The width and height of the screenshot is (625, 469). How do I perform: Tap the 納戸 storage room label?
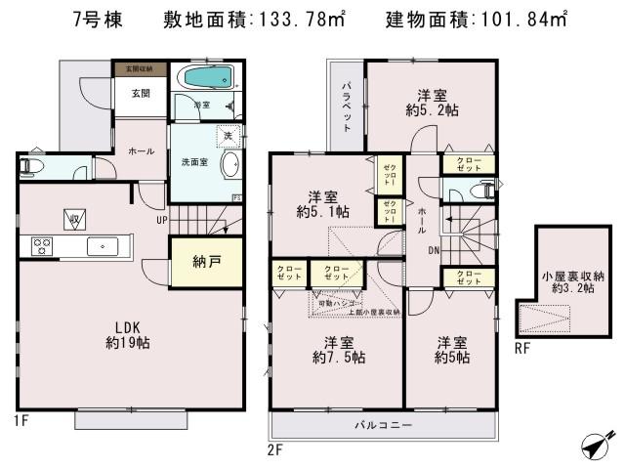pos(205,261)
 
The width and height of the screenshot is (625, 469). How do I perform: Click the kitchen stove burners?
pos(42,244)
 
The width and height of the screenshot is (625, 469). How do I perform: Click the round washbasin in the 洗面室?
pos(230,166)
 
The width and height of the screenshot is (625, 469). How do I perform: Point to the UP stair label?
pos(157,220)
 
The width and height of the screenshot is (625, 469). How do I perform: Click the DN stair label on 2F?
pos(433,250)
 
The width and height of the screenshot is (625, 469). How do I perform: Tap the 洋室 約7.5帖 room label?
pos(339,351)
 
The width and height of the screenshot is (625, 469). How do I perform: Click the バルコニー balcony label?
pos(383,427)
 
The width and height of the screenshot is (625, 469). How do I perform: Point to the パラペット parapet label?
pos(346,107)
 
